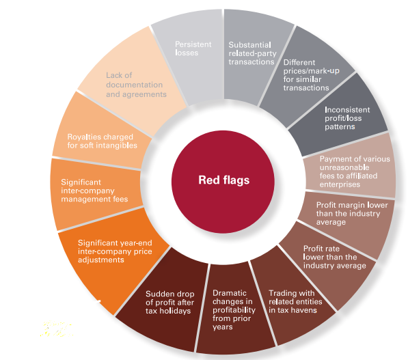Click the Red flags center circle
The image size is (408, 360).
pos(223,182)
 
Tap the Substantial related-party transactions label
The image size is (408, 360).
pos(252,53)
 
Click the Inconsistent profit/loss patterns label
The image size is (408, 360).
pos(347,118)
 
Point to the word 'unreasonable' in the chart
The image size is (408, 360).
pos(344,167)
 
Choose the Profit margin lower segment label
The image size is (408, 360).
pos(352,214)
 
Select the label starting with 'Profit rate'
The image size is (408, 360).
pos(334,257)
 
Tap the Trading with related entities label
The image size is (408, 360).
pos(295,301)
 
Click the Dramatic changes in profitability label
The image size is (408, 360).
pos(234,310)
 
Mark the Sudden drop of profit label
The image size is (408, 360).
pos(169,302)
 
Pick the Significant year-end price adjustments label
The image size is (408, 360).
pos(115,251)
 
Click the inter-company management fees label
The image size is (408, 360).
pos(94,191)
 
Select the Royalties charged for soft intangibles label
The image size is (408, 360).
pos(102,141)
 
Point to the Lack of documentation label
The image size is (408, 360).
pos(136,85)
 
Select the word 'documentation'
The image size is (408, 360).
pos(134,85)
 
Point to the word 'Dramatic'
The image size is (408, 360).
pos(229,293)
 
